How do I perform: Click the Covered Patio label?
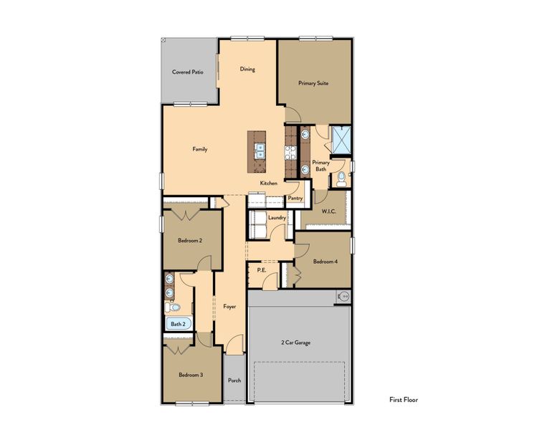point(188,72)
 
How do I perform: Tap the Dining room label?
point(247,70)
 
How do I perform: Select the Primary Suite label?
point(313,83)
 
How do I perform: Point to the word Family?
point(200,149)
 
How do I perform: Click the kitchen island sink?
point(260,150)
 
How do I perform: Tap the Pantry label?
point(295,198)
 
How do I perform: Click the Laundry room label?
point(277,217)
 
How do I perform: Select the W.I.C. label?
point(329,211)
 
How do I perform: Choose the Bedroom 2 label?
point(190,241)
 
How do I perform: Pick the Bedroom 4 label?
point(325,262)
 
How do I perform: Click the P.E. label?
point(262,270)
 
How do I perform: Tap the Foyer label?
point(229,306)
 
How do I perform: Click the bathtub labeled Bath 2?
point(178,324)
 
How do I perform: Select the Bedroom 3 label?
point(191,375)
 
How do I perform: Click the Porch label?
point(234,380)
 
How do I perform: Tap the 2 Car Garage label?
point(295,343)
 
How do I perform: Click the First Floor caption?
point(404,400)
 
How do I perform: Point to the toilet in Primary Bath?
point(341,177)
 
